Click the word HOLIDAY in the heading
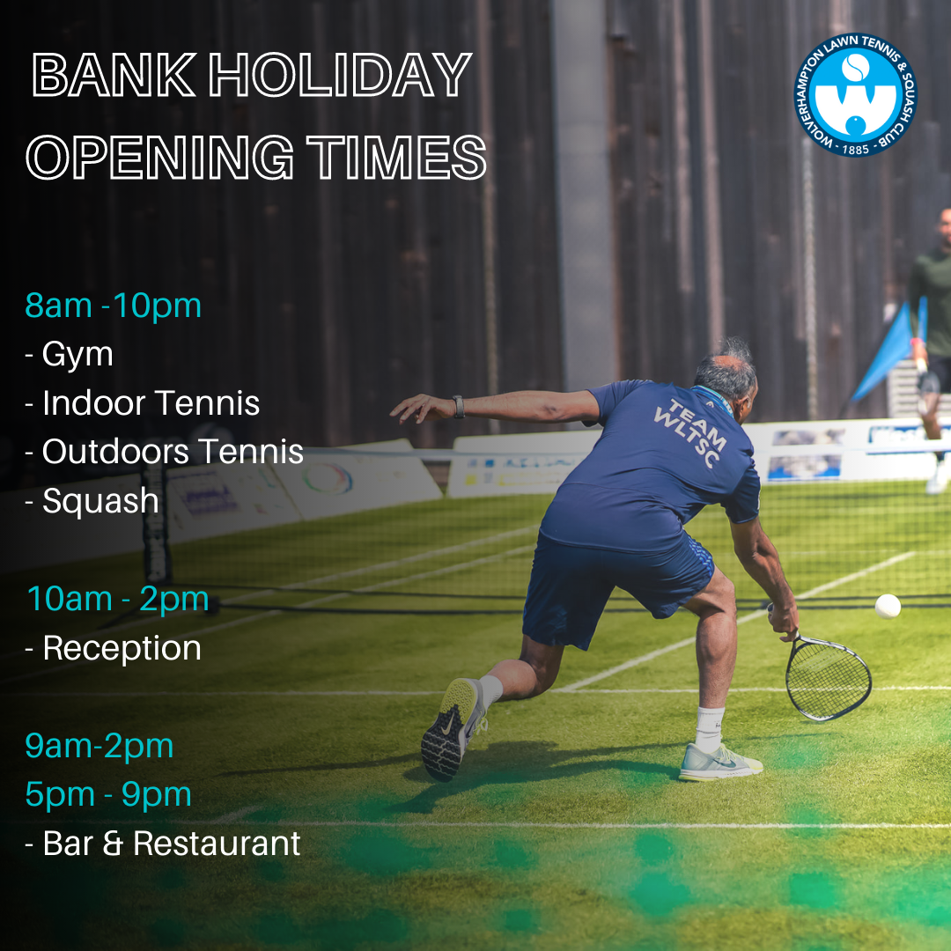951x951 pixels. point(340,75)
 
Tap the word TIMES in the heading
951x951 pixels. point(396,157)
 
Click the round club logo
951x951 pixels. point(855,95)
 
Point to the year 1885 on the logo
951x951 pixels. point(855,149)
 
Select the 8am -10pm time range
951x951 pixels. point(114,305)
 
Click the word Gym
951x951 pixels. point(77,354)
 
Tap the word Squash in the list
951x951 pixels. point(100,501)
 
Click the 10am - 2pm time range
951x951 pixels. point(118,599)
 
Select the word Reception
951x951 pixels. point(122,648)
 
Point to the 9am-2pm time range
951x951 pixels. point(100,746)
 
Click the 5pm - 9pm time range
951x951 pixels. point(108,794)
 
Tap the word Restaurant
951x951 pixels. point(217,844)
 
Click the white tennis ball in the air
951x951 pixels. point(888,606)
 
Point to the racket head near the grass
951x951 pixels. point(829,678)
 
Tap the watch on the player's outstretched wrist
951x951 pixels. point(459,406)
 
